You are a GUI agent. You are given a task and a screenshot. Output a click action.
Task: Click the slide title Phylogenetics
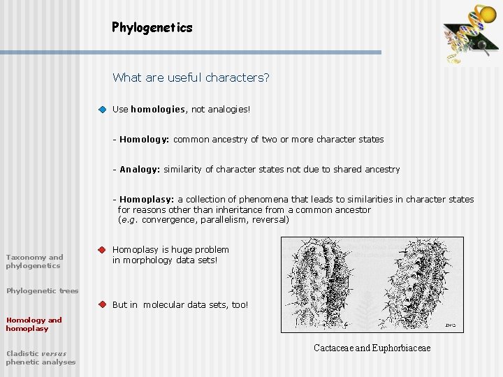click(x=152, y=28)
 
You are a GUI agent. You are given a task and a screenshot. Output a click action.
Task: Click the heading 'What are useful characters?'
click(x=191, y=77)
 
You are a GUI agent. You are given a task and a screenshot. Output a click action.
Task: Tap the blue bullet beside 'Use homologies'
click(x=102, y=110)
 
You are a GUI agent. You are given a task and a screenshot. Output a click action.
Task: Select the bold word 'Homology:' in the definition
click(x=145, y=140)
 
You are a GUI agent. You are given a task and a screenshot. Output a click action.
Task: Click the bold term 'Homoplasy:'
click(x=147, y=200)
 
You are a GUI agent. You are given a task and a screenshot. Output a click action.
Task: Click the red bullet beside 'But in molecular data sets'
click(x=102, y=304)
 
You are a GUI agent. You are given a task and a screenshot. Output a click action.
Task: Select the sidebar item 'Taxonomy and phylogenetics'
click(x=34, y=261)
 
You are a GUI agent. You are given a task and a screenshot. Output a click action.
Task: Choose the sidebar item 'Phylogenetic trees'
click(x=42, y=291)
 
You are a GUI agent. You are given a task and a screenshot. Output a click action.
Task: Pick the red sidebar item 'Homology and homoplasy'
click(x=34, y=324)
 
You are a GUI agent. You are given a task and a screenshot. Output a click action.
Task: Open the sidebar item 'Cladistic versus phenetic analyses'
click(x=41, y=357)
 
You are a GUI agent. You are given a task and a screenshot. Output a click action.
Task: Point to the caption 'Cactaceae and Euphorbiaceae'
click(x=372, y=348)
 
